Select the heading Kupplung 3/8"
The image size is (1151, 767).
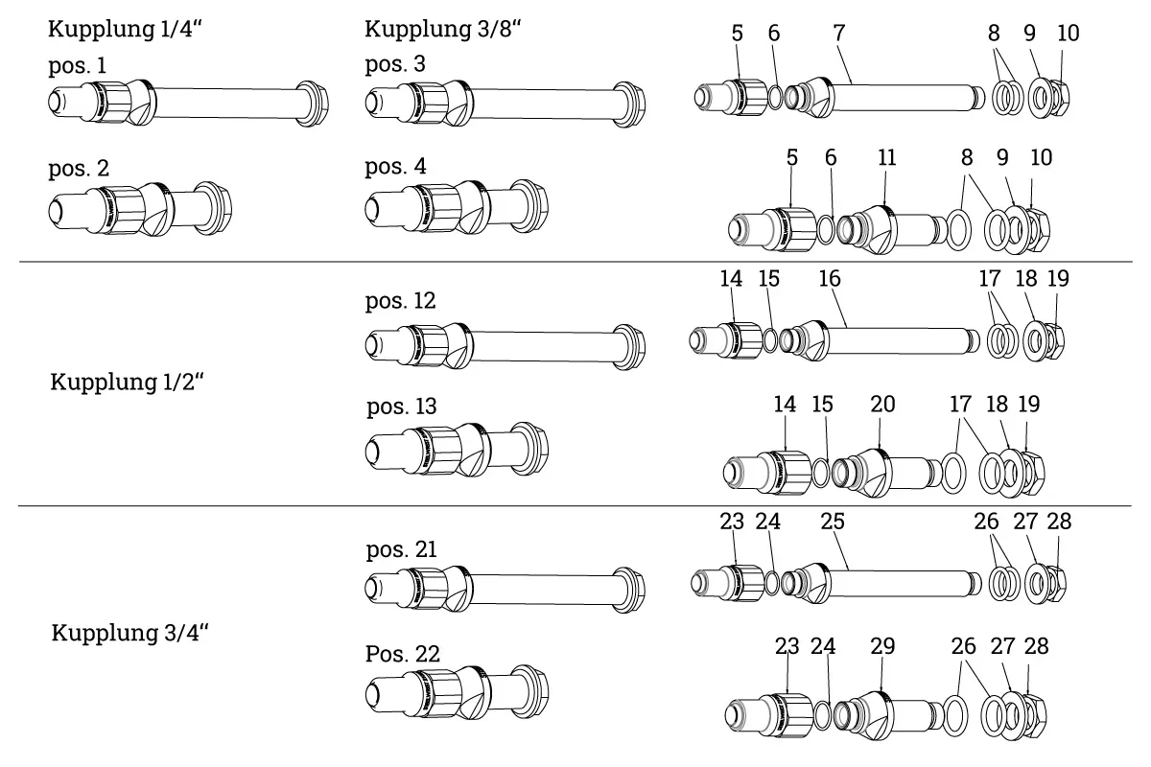pos(442,29)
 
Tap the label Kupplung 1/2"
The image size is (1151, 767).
pos(129,383)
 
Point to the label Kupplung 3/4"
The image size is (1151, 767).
pos(129,634)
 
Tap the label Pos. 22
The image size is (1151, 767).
pos(402,654)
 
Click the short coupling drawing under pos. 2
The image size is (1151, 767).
pos(141,207)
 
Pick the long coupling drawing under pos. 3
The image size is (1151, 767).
pos(505,102)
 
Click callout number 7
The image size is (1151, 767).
pos(839,33)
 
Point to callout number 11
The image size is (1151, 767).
pos(887,157)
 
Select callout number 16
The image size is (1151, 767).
pos(830,279)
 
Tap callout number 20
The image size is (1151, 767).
pos(882,404)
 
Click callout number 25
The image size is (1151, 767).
pos(833,522)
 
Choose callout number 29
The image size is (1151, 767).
pos(882,646)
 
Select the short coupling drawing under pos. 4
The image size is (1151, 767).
pos(457,207)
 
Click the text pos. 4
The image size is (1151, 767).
pos(395,167)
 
